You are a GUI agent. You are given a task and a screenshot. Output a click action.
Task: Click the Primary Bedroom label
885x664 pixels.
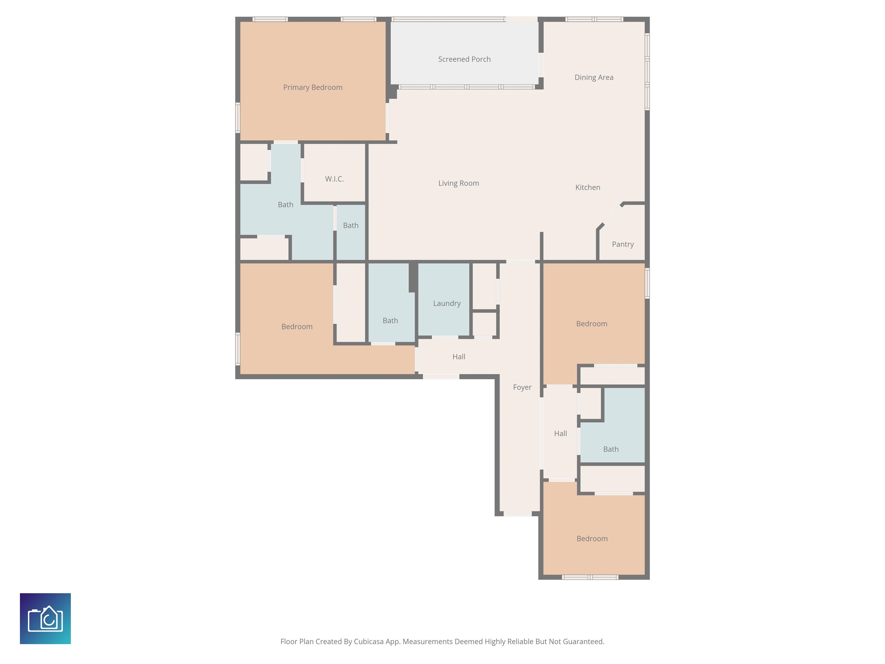coord(313,87)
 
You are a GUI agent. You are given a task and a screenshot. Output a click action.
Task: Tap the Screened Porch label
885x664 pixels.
coord(464,59)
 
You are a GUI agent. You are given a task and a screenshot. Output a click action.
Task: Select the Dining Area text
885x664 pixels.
coord(594,77)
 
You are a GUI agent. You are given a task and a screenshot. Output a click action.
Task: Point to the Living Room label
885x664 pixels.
coord(459,183)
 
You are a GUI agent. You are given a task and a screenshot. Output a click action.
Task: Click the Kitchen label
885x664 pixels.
coord(587,187)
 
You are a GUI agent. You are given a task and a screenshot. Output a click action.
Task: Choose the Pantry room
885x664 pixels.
coord(623,244)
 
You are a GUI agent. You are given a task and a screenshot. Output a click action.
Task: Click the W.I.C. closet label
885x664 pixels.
coord(334,179)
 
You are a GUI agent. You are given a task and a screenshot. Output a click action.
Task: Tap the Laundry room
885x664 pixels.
coord(447,303)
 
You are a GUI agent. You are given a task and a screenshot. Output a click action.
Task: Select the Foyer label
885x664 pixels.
coord(522,387)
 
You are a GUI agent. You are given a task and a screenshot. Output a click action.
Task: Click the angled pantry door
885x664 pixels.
coord(611,216)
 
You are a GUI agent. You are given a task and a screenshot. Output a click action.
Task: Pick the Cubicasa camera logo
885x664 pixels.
coord(45,618)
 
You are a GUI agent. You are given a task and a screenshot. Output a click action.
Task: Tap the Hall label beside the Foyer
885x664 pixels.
coord(560,433)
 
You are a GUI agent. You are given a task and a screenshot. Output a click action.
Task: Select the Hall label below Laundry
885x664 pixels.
coord(459,356)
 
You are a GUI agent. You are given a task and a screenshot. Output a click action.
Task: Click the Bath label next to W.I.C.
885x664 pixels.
coord(351,225)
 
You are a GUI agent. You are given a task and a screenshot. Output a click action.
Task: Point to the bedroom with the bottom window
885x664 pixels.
coord(592,539)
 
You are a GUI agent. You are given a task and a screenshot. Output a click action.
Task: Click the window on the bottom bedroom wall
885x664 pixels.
coord(590,577)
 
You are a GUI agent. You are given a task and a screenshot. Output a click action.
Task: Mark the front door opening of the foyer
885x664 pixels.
coord(517,514)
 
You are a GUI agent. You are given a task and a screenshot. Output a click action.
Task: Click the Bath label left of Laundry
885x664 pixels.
coord(390,320)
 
